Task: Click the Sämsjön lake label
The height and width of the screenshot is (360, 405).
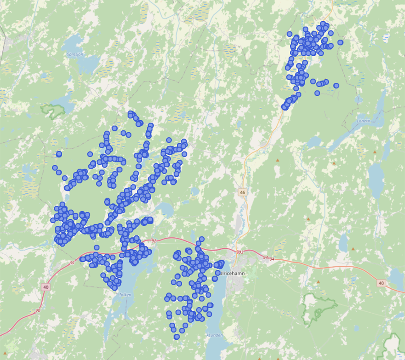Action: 75,54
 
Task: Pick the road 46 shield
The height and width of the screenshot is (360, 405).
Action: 243,192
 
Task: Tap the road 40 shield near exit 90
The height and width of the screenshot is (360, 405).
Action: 45,287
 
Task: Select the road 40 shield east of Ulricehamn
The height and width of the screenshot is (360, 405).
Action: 382,283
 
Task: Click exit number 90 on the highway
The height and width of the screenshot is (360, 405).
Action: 38,310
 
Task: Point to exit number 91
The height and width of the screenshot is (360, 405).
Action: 72,262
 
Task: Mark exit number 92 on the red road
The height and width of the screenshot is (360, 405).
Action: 153,241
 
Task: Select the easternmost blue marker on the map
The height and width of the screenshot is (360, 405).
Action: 340,42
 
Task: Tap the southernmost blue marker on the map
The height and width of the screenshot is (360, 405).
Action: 176,337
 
